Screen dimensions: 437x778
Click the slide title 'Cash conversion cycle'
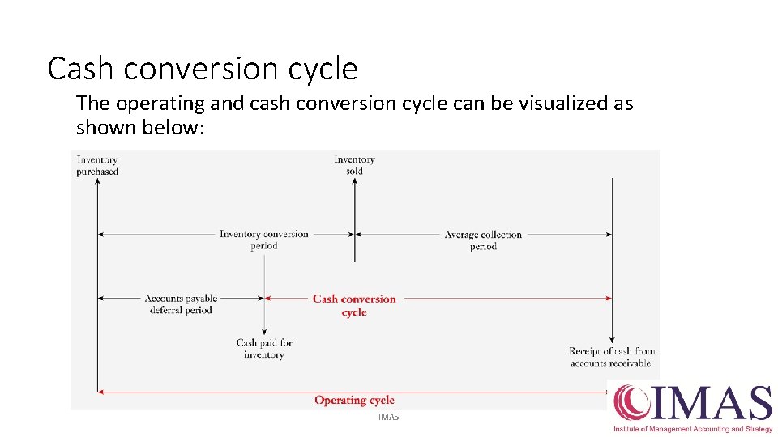coord(202,70)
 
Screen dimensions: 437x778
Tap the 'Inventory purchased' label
coord(97,165)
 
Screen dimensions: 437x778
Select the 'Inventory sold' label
coord(354,165)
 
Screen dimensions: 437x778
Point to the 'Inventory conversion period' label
coord(264,240)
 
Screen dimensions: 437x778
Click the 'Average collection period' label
coord(483,240)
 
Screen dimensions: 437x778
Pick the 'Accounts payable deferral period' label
coord(181,304)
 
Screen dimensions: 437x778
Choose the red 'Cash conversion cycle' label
coord(354,305)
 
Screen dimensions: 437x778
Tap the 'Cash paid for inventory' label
coord(264,349)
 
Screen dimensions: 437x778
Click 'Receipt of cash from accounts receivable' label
coord(612,357)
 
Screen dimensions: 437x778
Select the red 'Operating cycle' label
coord(354,400)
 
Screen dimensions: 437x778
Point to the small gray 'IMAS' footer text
coord(389,417)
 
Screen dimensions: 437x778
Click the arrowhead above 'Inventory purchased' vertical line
coord(97,181)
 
